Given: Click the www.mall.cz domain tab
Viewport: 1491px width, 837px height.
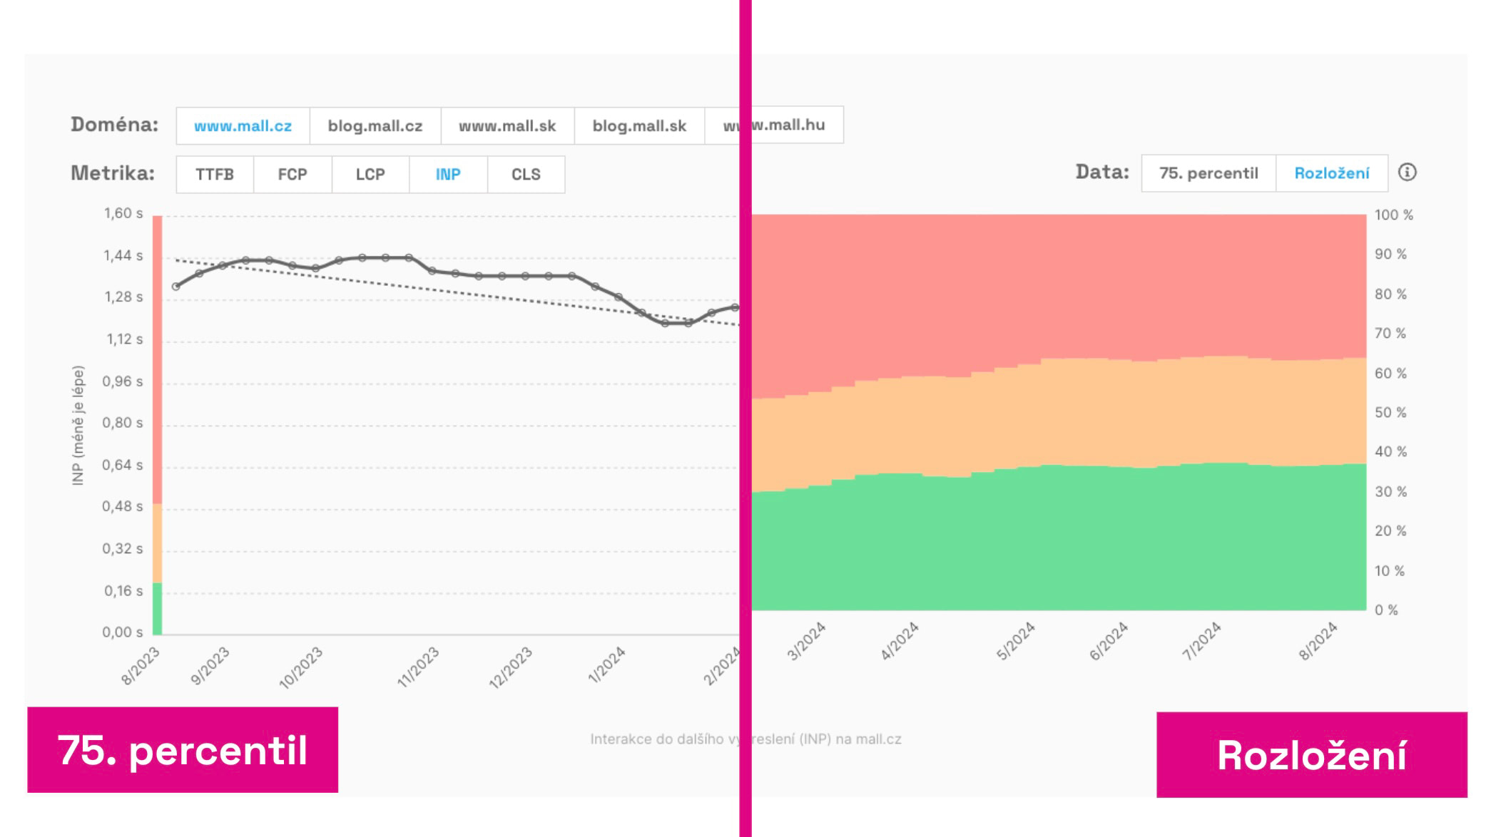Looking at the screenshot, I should (x=243, y=126).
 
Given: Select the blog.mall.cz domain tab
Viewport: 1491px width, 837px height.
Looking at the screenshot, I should (x=375, y=126).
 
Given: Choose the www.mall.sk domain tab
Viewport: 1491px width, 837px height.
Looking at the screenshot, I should (x=507, y=126).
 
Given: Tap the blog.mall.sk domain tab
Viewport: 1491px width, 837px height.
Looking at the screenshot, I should (x=639, y=126).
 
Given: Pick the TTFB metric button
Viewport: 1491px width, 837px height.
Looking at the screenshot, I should (x=215, y=175).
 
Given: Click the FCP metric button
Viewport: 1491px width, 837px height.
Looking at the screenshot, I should (x=292, y=175).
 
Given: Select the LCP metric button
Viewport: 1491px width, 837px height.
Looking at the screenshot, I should (x=370, y=175).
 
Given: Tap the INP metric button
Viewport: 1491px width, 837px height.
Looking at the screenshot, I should (x=448, y=175).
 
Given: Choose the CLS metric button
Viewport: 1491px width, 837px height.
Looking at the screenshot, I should (x=526, y=175).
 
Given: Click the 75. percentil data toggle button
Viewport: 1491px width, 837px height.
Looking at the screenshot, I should (x=1208, y=173).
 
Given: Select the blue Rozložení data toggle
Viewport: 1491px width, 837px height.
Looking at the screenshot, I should (x=1332, y=173).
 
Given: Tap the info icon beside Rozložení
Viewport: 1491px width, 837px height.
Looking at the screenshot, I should (x=1407, y=173).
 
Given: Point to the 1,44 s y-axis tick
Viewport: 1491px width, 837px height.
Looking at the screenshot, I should (x=123, y=255).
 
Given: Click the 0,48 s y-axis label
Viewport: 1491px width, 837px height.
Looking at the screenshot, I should (x=123, y=507).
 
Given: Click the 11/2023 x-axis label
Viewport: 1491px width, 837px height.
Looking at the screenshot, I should (x=418, y=667).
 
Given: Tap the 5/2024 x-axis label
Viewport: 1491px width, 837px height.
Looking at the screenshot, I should (x=1015, y=641).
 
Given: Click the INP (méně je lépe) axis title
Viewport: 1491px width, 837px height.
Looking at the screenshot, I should (x=78, y=426).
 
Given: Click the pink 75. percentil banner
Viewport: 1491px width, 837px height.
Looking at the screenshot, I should (x=183, y=750).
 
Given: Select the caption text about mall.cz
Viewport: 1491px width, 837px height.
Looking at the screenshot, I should (x=745, y=739).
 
